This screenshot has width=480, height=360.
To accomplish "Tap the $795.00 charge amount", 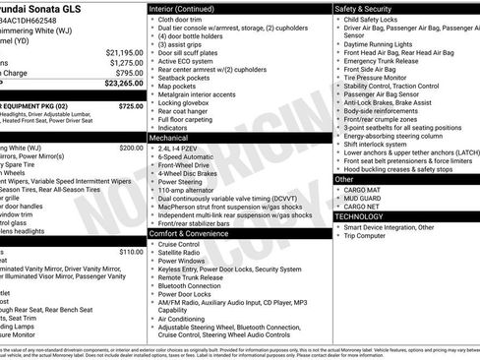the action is click(x=127, y=74).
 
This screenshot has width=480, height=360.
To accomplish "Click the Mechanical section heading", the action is click(x=170, y=139).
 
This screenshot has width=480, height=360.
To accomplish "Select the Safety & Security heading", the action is click(x=367, y=8).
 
